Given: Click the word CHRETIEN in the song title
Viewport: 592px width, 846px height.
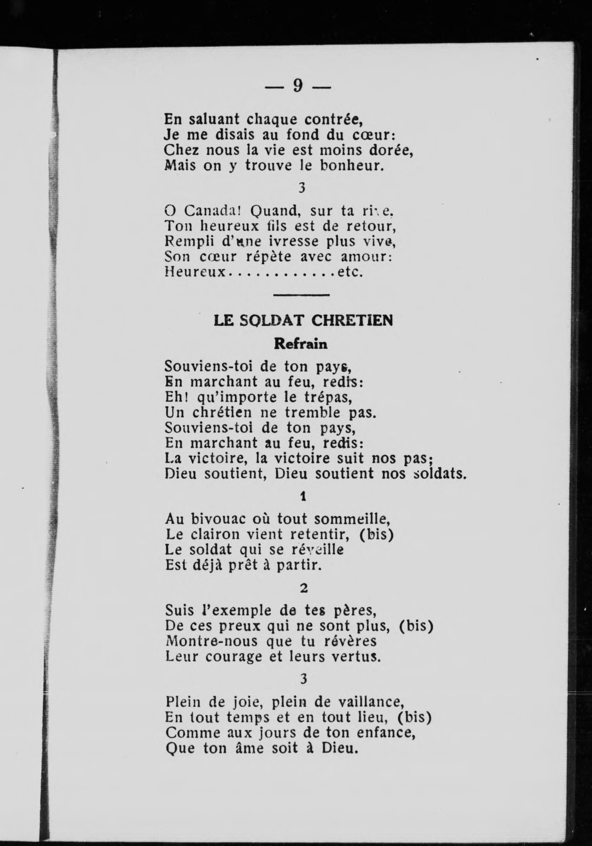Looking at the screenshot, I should pyautogui.click(x=352, y=321).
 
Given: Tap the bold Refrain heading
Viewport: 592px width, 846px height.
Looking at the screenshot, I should pyautogui.click(x=301, y=344).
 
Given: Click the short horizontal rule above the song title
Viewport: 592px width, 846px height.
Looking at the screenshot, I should pyautogui.click(x=301, y=295).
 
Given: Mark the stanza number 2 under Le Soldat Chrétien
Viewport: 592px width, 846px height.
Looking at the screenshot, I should pyautogui.click(x=303, y=588).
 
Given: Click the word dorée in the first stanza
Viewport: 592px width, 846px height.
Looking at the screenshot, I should pyautogui.click(x=391, y=150).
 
